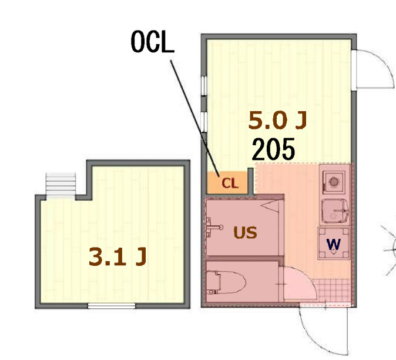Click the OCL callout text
[153, 42]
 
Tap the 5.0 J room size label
[277, 121]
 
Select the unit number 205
[273, 149]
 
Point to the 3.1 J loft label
[118, 256]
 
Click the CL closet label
[230, 183]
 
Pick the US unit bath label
[245, 232]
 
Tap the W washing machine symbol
[334, 244]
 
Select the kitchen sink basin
[334, 212]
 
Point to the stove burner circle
[334, 182]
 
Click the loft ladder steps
[61, 184]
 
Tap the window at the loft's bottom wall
[112, 306]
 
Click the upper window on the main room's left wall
[204, 85]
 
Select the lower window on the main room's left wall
[204, 122]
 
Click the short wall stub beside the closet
[250, 181]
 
